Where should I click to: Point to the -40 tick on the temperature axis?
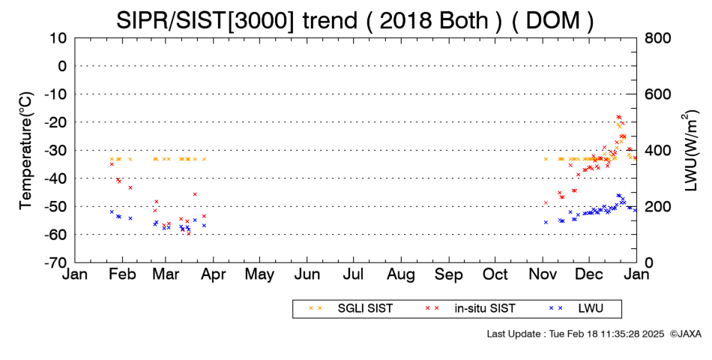pyautogui.click(x=56, y=178)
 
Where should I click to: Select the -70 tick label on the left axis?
pyautogui.click(x=56, y=262)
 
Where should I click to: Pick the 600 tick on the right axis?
pyautogui.click(x=657, y=94)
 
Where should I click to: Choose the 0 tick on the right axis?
pyautogui.click(x=649, y=262)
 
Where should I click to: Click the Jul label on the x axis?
pyautogui.click(x=353, y=274)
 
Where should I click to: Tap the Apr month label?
pyautogui.click(x=213, y=274)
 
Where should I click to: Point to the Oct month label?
pyautogui.click(x=495, y=274)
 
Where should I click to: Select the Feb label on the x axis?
pyautogui.click(x=122, y=274)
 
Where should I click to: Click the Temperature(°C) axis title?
pyautogui.click(x=26, y=150)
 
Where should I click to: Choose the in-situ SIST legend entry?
pyautogui.click(x=470, y=308)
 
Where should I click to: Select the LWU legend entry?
pyautogui.click(x=576, y=308)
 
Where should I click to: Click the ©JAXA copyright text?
pyautogui.click(x=686, y=334)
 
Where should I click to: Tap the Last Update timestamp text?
pyautogui.click(x=576, y=334)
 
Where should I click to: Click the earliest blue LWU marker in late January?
pyautogui.click(x=112, y=211)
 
